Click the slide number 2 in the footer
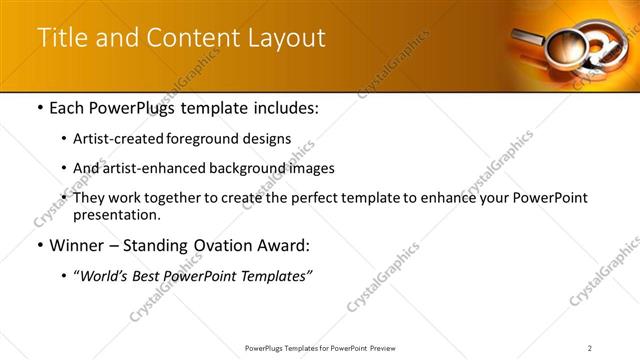click(590, 347)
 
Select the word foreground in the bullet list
click(218, 138)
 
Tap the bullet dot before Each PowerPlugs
click(39, 107)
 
